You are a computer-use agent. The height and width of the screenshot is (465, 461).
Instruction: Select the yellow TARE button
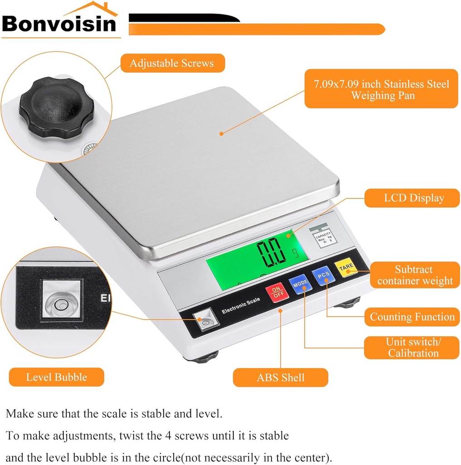coord(345,269)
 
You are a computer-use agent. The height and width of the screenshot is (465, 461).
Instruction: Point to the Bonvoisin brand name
coord(59,24)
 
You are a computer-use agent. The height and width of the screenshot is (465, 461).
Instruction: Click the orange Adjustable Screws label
coord(172,63)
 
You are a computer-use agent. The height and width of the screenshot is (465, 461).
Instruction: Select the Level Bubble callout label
coord(57,377)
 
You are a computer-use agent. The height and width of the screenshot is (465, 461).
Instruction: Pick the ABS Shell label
coord(281,377)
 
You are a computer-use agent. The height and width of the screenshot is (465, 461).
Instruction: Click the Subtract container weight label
coord(414,275)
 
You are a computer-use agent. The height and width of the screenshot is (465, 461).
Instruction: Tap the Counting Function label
coord(412,317)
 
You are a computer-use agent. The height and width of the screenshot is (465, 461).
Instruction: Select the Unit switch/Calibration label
coord(412,347)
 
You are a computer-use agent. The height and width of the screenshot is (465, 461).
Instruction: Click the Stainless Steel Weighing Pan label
coord(381,89)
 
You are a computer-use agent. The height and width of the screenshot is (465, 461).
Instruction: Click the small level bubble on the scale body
coord(204,321)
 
